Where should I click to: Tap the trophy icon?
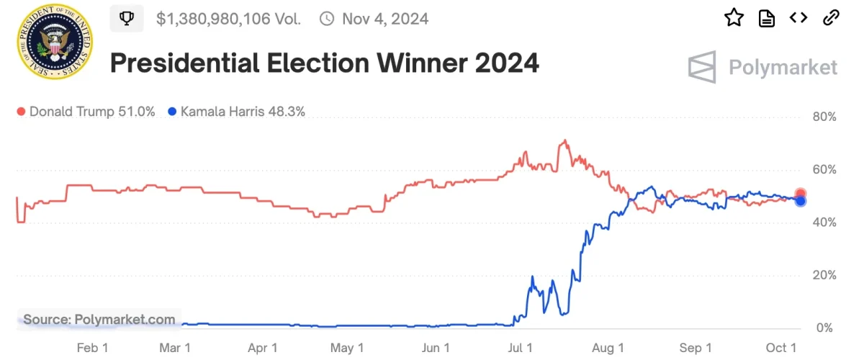point(127,18)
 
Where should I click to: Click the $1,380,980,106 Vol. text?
point(228,18)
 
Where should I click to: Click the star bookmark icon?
point(734,18)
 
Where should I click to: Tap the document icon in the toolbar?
point(767,18)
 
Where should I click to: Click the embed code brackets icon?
point(798,18)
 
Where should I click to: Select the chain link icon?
point(831,18)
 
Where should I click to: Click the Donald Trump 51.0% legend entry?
point(86,112)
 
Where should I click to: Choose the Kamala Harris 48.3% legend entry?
point(236,112)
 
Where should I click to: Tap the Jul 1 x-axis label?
point(521,348)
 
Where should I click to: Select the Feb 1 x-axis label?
point(92,348)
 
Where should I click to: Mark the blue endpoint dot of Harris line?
point(801,201)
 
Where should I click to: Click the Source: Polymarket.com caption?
point(99,319)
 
